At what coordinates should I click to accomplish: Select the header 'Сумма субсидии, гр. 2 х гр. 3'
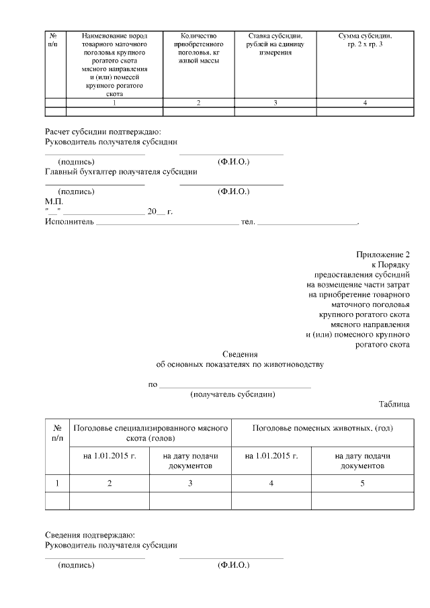[364, 40]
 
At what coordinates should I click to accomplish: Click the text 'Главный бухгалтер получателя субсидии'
[121, 171]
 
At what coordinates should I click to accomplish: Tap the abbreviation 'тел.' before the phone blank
[247, 222]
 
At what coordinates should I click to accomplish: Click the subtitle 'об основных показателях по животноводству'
[239, 365]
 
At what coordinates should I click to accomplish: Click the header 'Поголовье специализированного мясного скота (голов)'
[150, 432]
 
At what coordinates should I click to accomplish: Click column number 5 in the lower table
[362, 483]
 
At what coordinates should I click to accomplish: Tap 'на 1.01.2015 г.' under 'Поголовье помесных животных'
[271, 455]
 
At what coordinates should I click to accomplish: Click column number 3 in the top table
[275, 103]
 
